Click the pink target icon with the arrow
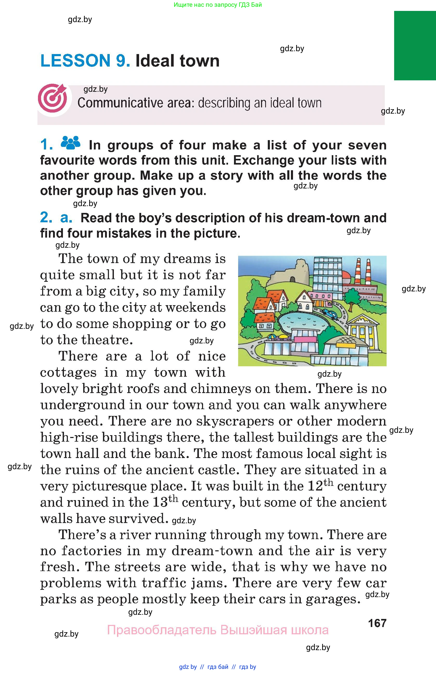53,98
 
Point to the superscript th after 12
328,482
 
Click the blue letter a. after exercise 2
66,218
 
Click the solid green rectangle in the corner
415,45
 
